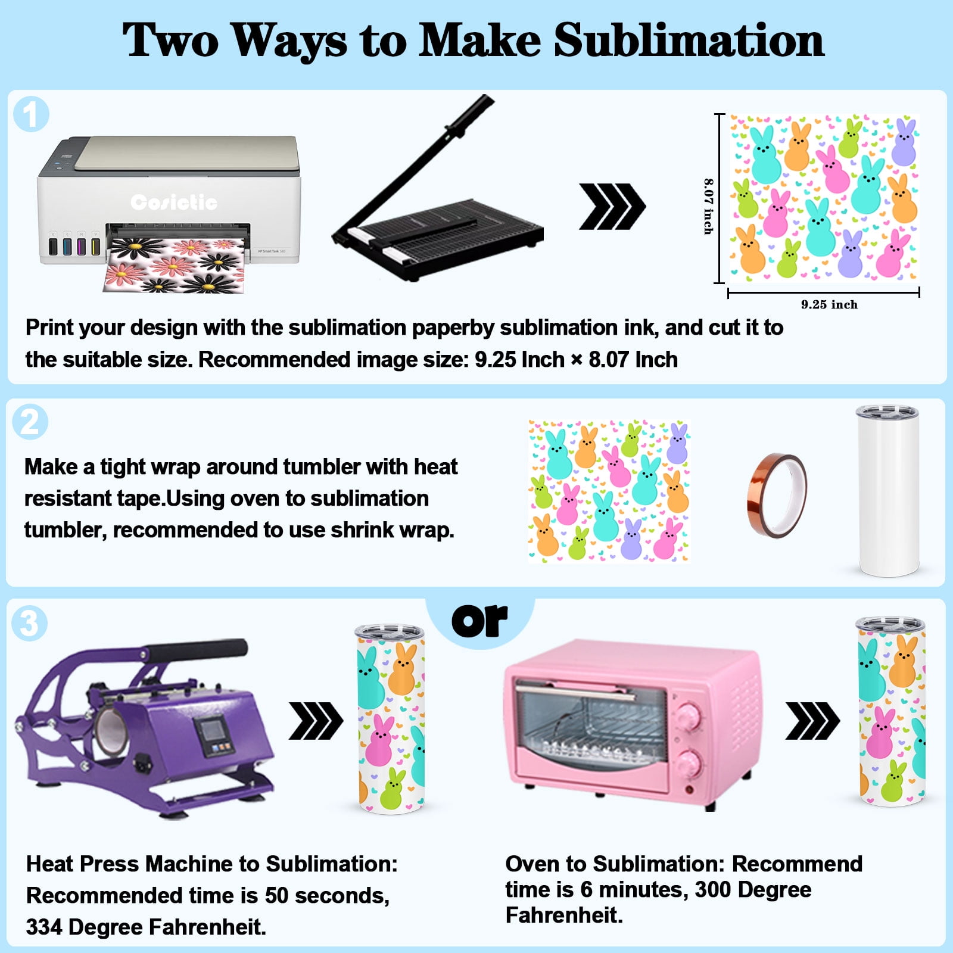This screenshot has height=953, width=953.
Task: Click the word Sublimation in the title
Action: (689, 40)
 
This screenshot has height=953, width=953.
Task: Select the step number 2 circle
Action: (30, 422)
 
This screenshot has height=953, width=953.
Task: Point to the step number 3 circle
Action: (30, 624)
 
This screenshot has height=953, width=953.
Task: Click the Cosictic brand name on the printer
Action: (174, 203)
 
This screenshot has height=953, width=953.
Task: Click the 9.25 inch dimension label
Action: (829, 304)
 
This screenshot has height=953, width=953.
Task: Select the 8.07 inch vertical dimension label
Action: (708, 206)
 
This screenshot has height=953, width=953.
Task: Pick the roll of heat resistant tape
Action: (777, 496)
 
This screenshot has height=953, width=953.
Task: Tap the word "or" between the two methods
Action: (479, 621)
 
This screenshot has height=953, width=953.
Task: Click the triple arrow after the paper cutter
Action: (612, 206)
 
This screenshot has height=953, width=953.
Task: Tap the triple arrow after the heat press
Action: (316, 721)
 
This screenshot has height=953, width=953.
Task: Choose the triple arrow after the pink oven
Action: (812, 721)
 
